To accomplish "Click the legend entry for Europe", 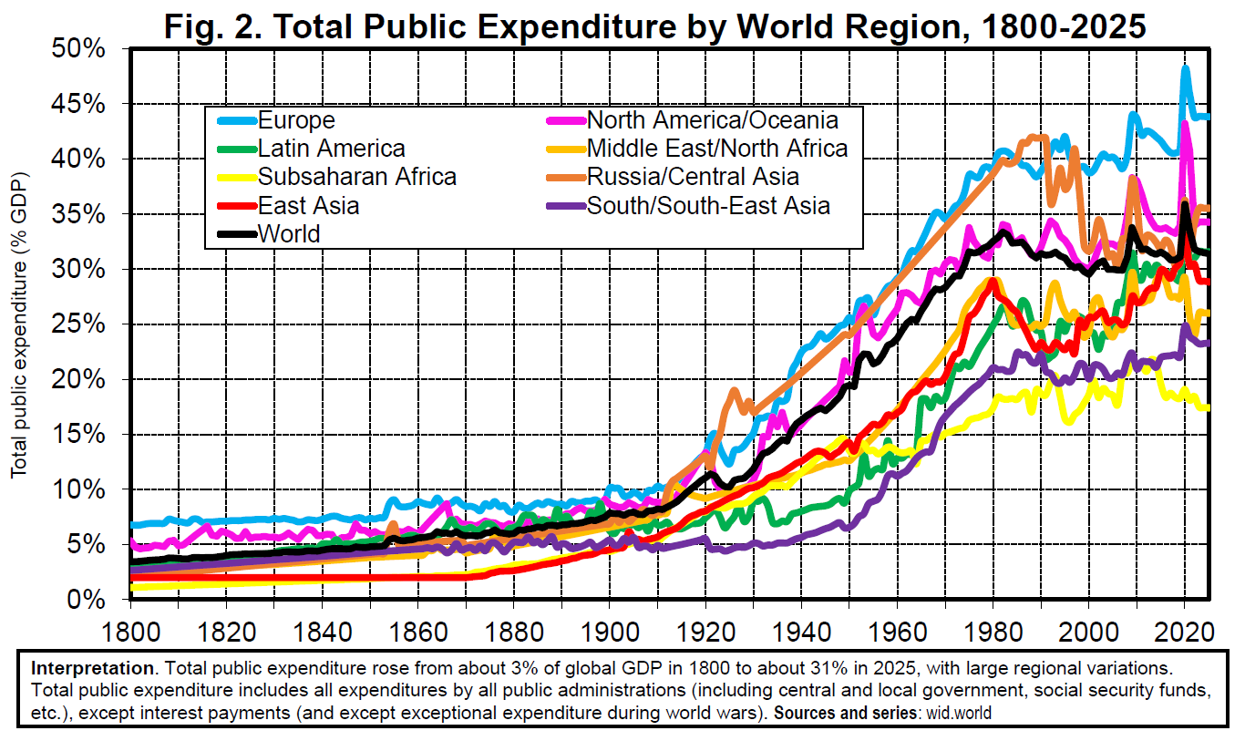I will (296, 120).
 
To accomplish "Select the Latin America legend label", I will (331, 149).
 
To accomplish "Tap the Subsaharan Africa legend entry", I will (356, 177).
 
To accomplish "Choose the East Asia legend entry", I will (308, 205).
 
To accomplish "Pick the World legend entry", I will (289, 233).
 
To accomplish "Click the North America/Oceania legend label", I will (712, 120).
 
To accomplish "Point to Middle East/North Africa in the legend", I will (717, 149).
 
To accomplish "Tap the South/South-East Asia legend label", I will (708, 205).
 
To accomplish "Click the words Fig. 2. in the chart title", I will (213, 26).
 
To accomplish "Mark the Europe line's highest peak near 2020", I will (1185, 67).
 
